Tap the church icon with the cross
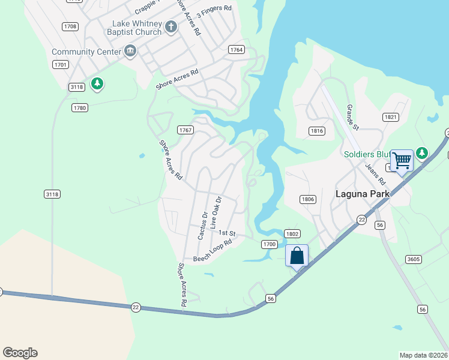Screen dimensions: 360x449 [x=171, y=27]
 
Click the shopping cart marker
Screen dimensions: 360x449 [x=402, y=161]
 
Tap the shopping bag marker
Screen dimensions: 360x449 [x=297, y=256]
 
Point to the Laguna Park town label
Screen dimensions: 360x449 [x=363, y=194]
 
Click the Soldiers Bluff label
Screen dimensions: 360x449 [x=366, y=154]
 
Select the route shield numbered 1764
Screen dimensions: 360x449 [x=236, y=50]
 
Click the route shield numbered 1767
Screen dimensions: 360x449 [x=185, y=130]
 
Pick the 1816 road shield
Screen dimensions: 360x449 [x=318, y=131]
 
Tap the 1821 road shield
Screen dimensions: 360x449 [x=391, y=117]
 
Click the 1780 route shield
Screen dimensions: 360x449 [x=80, y=108]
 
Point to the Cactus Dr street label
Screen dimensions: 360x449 [x=202, y=226]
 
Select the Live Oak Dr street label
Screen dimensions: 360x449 [x=216, y=212]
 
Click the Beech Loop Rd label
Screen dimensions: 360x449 [x=212, y=251]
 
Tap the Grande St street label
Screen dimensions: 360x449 [x=352, y=118]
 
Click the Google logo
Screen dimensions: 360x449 [x=20, y=353]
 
